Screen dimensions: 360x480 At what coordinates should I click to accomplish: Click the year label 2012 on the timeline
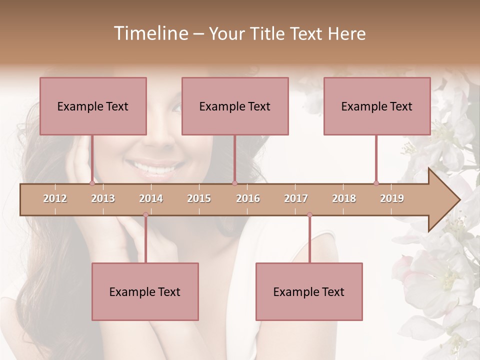(55, 198)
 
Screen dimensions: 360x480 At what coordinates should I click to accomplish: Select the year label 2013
(103, 198)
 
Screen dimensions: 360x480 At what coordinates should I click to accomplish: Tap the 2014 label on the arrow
(151, 198)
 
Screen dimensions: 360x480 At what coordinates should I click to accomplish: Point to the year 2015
(199, 198)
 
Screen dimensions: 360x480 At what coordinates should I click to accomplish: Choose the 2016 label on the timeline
(248, 198)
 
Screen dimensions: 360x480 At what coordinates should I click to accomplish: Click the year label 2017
(296, 198)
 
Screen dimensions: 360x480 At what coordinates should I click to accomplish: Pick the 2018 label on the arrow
(344, 198)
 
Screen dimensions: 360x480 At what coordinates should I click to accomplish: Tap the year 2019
(392, 198)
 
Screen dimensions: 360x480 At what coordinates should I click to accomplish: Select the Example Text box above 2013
(93, 106)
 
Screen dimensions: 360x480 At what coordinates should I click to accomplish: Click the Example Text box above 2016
(235, 106)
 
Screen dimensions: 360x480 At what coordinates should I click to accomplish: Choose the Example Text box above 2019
(377, 106)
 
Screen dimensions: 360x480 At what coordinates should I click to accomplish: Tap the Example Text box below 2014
(145, 291)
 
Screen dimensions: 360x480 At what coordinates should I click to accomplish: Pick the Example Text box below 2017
(309, 291)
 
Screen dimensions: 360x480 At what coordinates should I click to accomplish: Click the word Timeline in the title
(149, 33)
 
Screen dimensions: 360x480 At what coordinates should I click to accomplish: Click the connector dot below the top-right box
(376, 183)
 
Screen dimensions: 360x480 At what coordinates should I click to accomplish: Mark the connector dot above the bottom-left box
(145, 215)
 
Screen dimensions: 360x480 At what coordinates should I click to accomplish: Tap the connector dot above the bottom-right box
(309, 215)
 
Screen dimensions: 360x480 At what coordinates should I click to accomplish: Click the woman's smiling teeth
(155, 169)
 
